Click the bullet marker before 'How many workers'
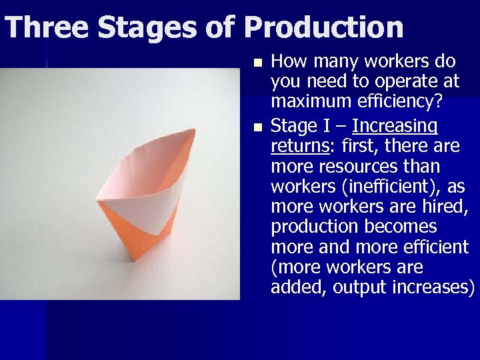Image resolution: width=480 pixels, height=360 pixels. [x=259, y=63]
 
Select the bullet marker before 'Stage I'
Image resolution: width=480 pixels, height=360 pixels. [x=259, y=125]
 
